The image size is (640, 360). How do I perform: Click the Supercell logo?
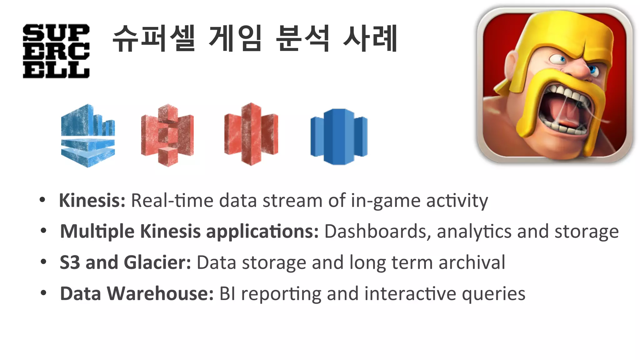point(56,51)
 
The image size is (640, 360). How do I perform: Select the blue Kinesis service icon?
point(88,136)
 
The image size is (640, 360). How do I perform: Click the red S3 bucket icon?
point(167,135)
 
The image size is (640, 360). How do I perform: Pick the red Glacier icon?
point(251,134)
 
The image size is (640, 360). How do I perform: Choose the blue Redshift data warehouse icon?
point(339,137)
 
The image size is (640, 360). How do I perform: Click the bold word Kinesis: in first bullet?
point(92,200)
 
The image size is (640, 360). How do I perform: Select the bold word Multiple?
point(97,232)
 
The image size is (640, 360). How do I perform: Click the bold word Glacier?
point(157,262)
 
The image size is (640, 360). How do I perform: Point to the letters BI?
point(227,294)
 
